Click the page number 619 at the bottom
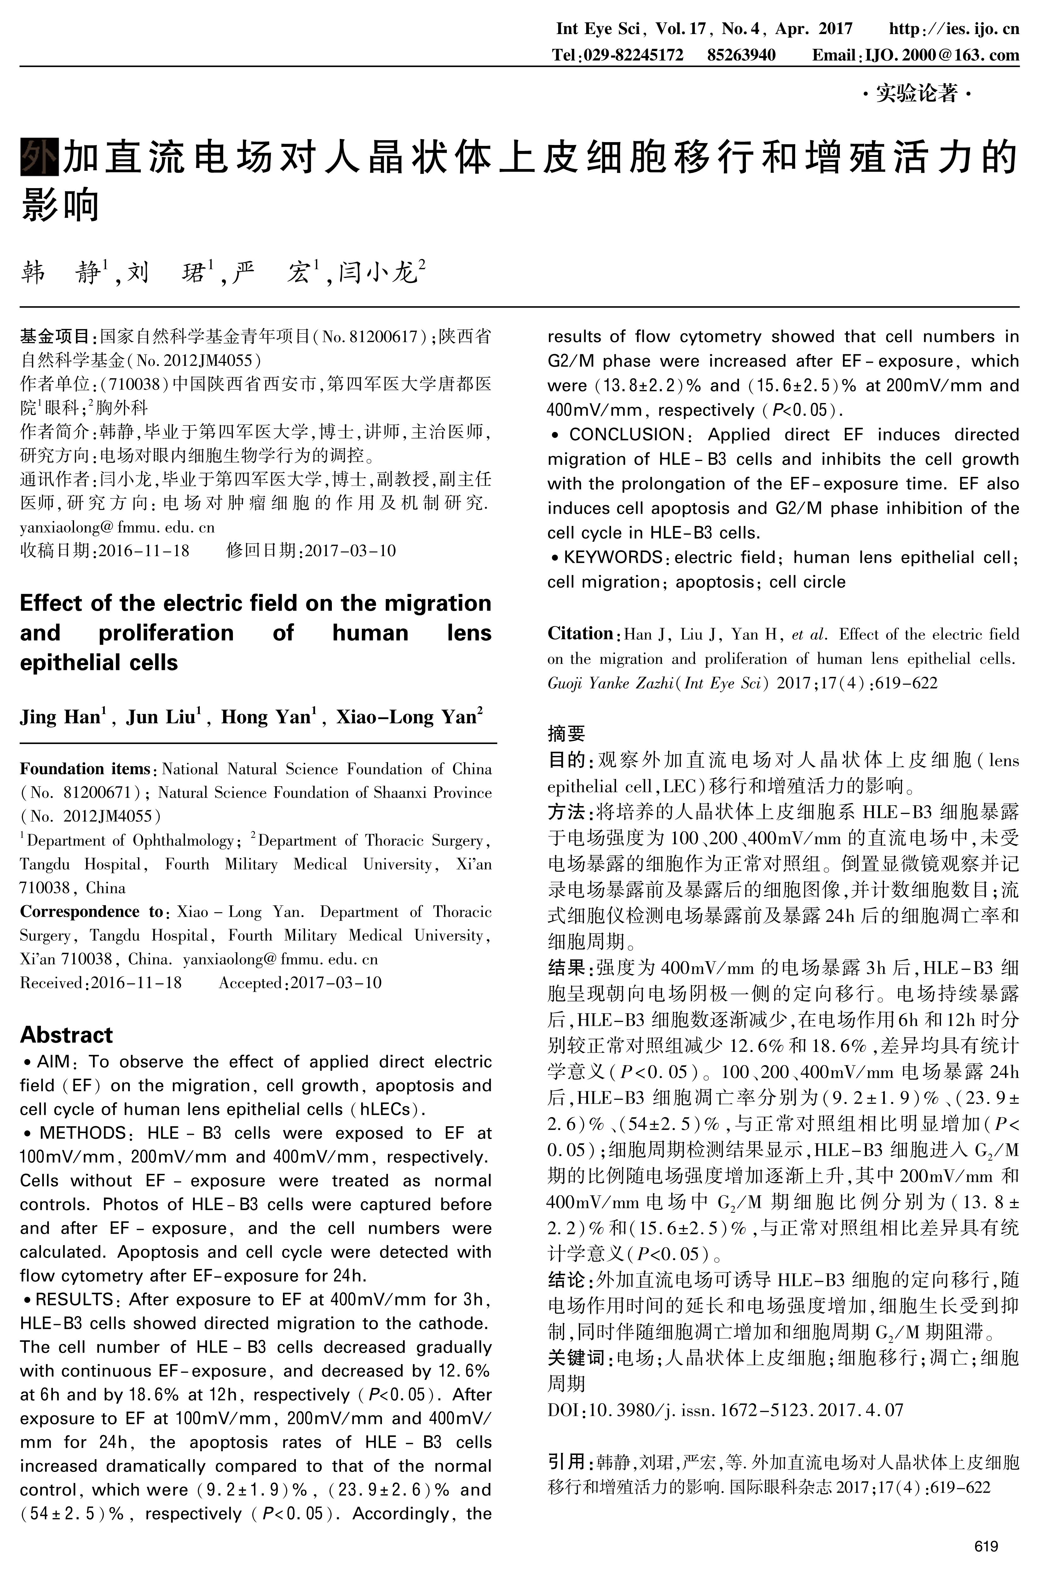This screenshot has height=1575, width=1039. tap(986, 1547)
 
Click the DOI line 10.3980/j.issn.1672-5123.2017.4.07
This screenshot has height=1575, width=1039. tap(725, 1409)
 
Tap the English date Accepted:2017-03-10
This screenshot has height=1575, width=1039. tap(300, 983)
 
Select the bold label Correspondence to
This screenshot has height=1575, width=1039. tap(91, 912)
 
